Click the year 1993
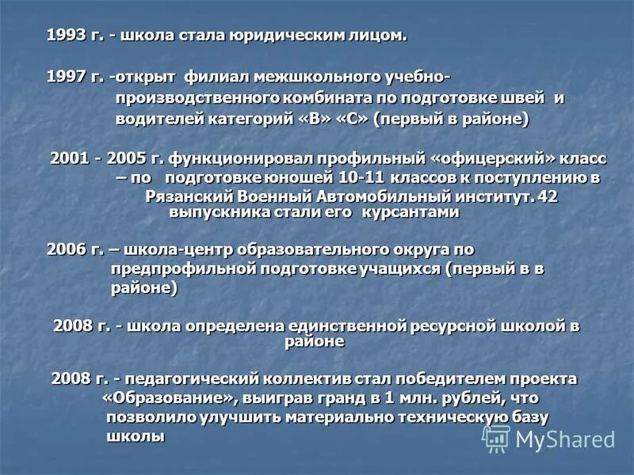coord(63,36)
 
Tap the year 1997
coord(63,78)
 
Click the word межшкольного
coord(305,78)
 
